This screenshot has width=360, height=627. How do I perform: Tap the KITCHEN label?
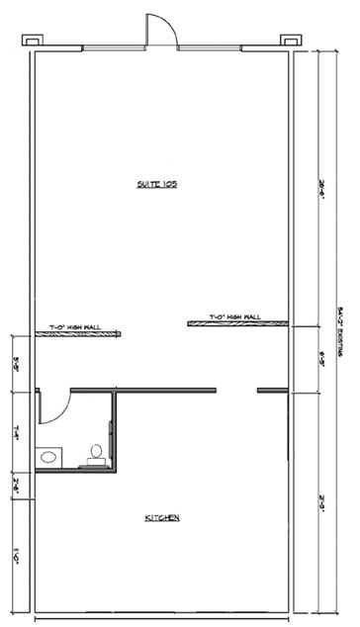coord(162,518)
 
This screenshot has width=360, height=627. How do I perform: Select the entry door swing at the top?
coord(161,30)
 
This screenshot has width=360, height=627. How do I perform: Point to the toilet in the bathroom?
coord(97,453)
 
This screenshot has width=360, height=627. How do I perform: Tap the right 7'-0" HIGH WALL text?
coord(234,316)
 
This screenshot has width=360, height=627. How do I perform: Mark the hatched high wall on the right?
coord(237,323)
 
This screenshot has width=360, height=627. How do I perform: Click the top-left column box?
coord(32,40)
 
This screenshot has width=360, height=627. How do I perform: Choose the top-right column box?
coord(290,40)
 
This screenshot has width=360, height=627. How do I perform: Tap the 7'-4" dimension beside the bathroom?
coord(17,431)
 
